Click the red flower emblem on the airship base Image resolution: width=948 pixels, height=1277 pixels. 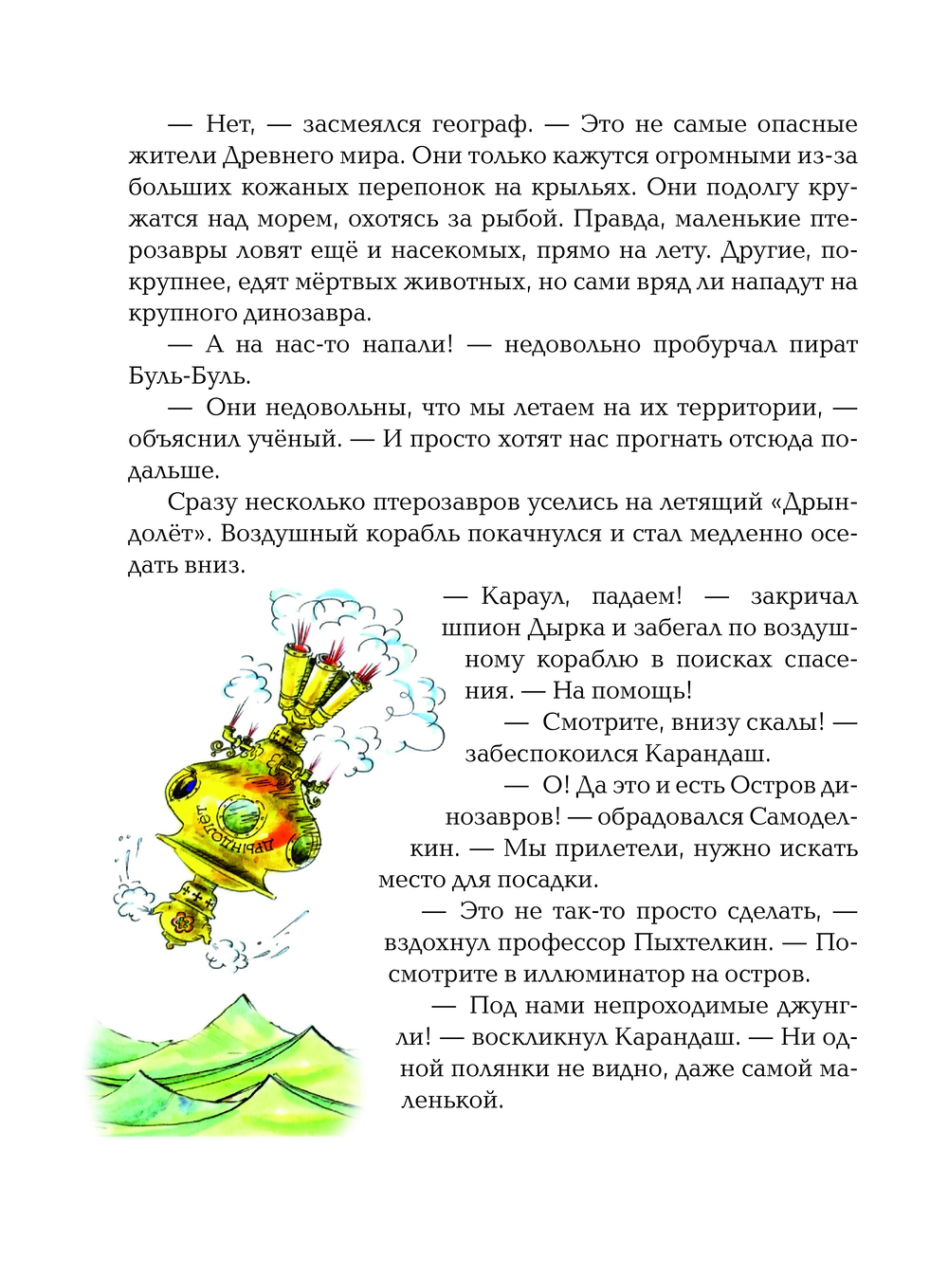coord(182,919)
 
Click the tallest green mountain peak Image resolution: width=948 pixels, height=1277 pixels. coord(245,1001)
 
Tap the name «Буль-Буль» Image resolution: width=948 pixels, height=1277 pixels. coord(190,376)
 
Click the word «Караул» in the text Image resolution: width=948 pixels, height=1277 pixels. coord(524,596)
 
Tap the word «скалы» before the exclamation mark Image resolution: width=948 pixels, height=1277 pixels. coord(786,722)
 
